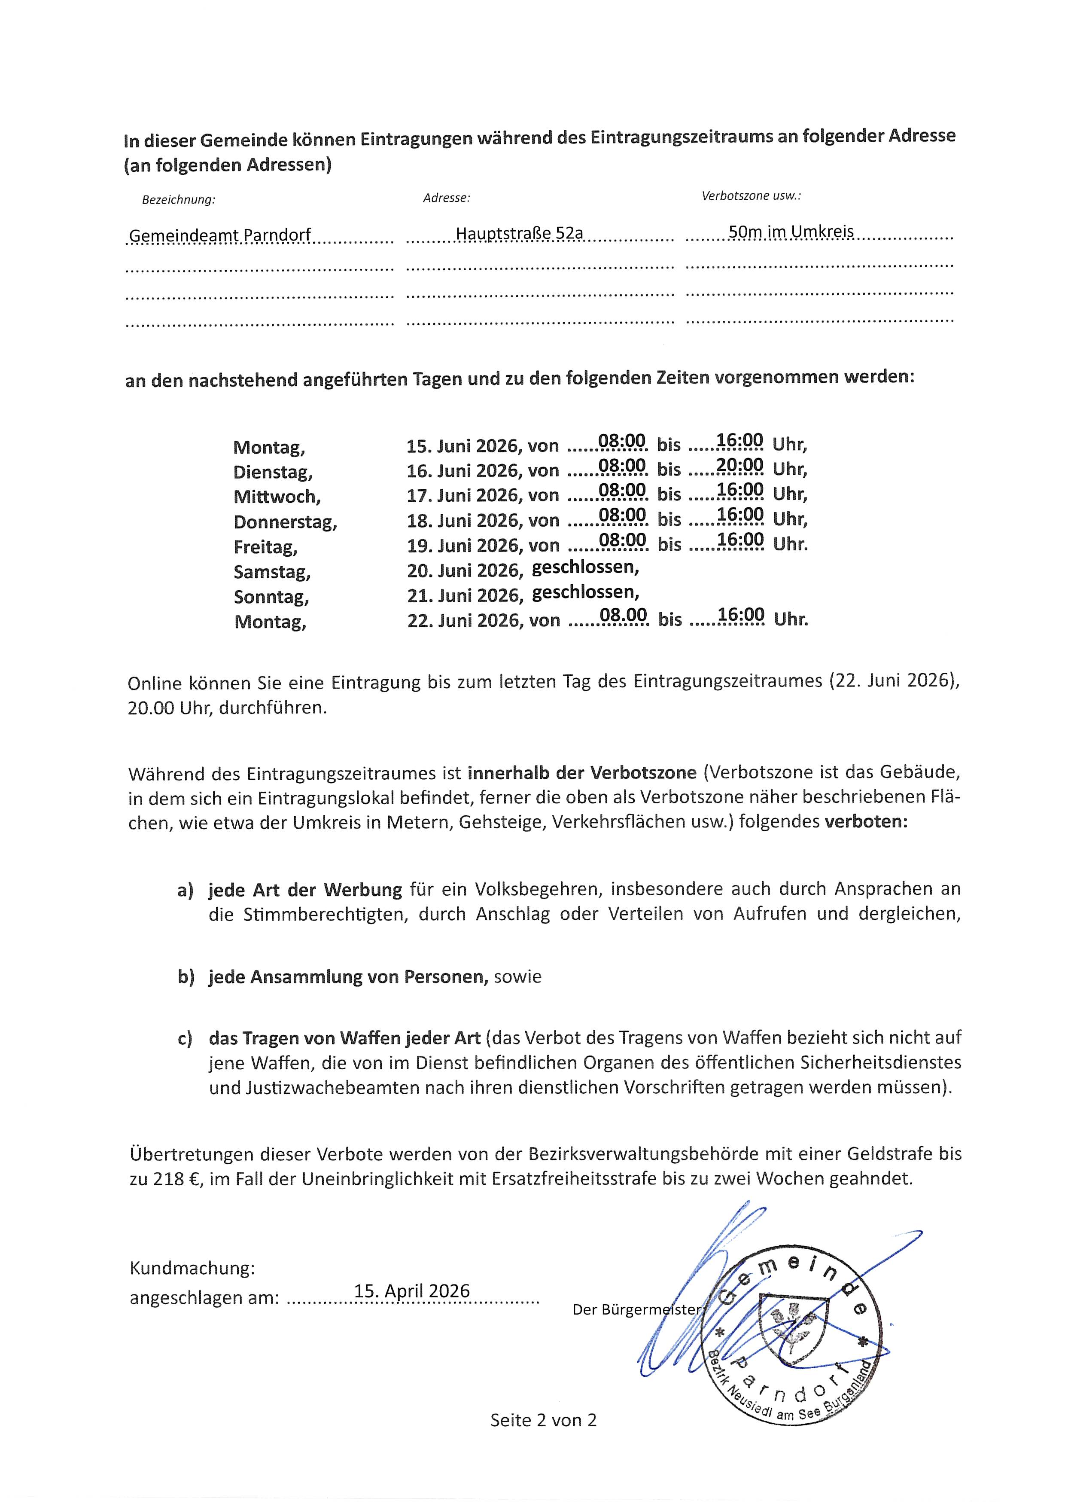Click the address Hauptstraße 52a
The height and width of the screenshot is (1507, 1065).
[519, 233]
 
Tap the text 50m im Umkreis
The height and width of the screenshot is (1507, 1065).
[791, 231]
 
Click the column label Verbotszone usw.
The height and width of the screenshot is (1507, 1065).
[752, 195]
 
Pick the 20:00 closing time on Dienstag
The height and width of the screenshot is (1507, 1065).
[739, 465]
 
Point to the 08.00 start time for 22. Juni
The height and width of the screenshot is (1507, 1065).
[624, 615]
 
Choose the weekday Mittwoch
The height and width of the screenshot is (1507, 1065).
[277, 497]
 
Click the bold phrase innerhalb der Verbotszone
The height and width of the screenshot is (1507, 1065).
[581, 772]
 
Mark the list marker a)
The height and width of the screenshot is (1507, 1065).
[186, 890]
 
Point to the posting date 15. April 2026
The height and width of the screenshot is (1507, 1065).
[412, 1291]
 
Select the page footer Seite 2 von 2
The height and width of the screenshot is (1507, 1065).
[543, 1420]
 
